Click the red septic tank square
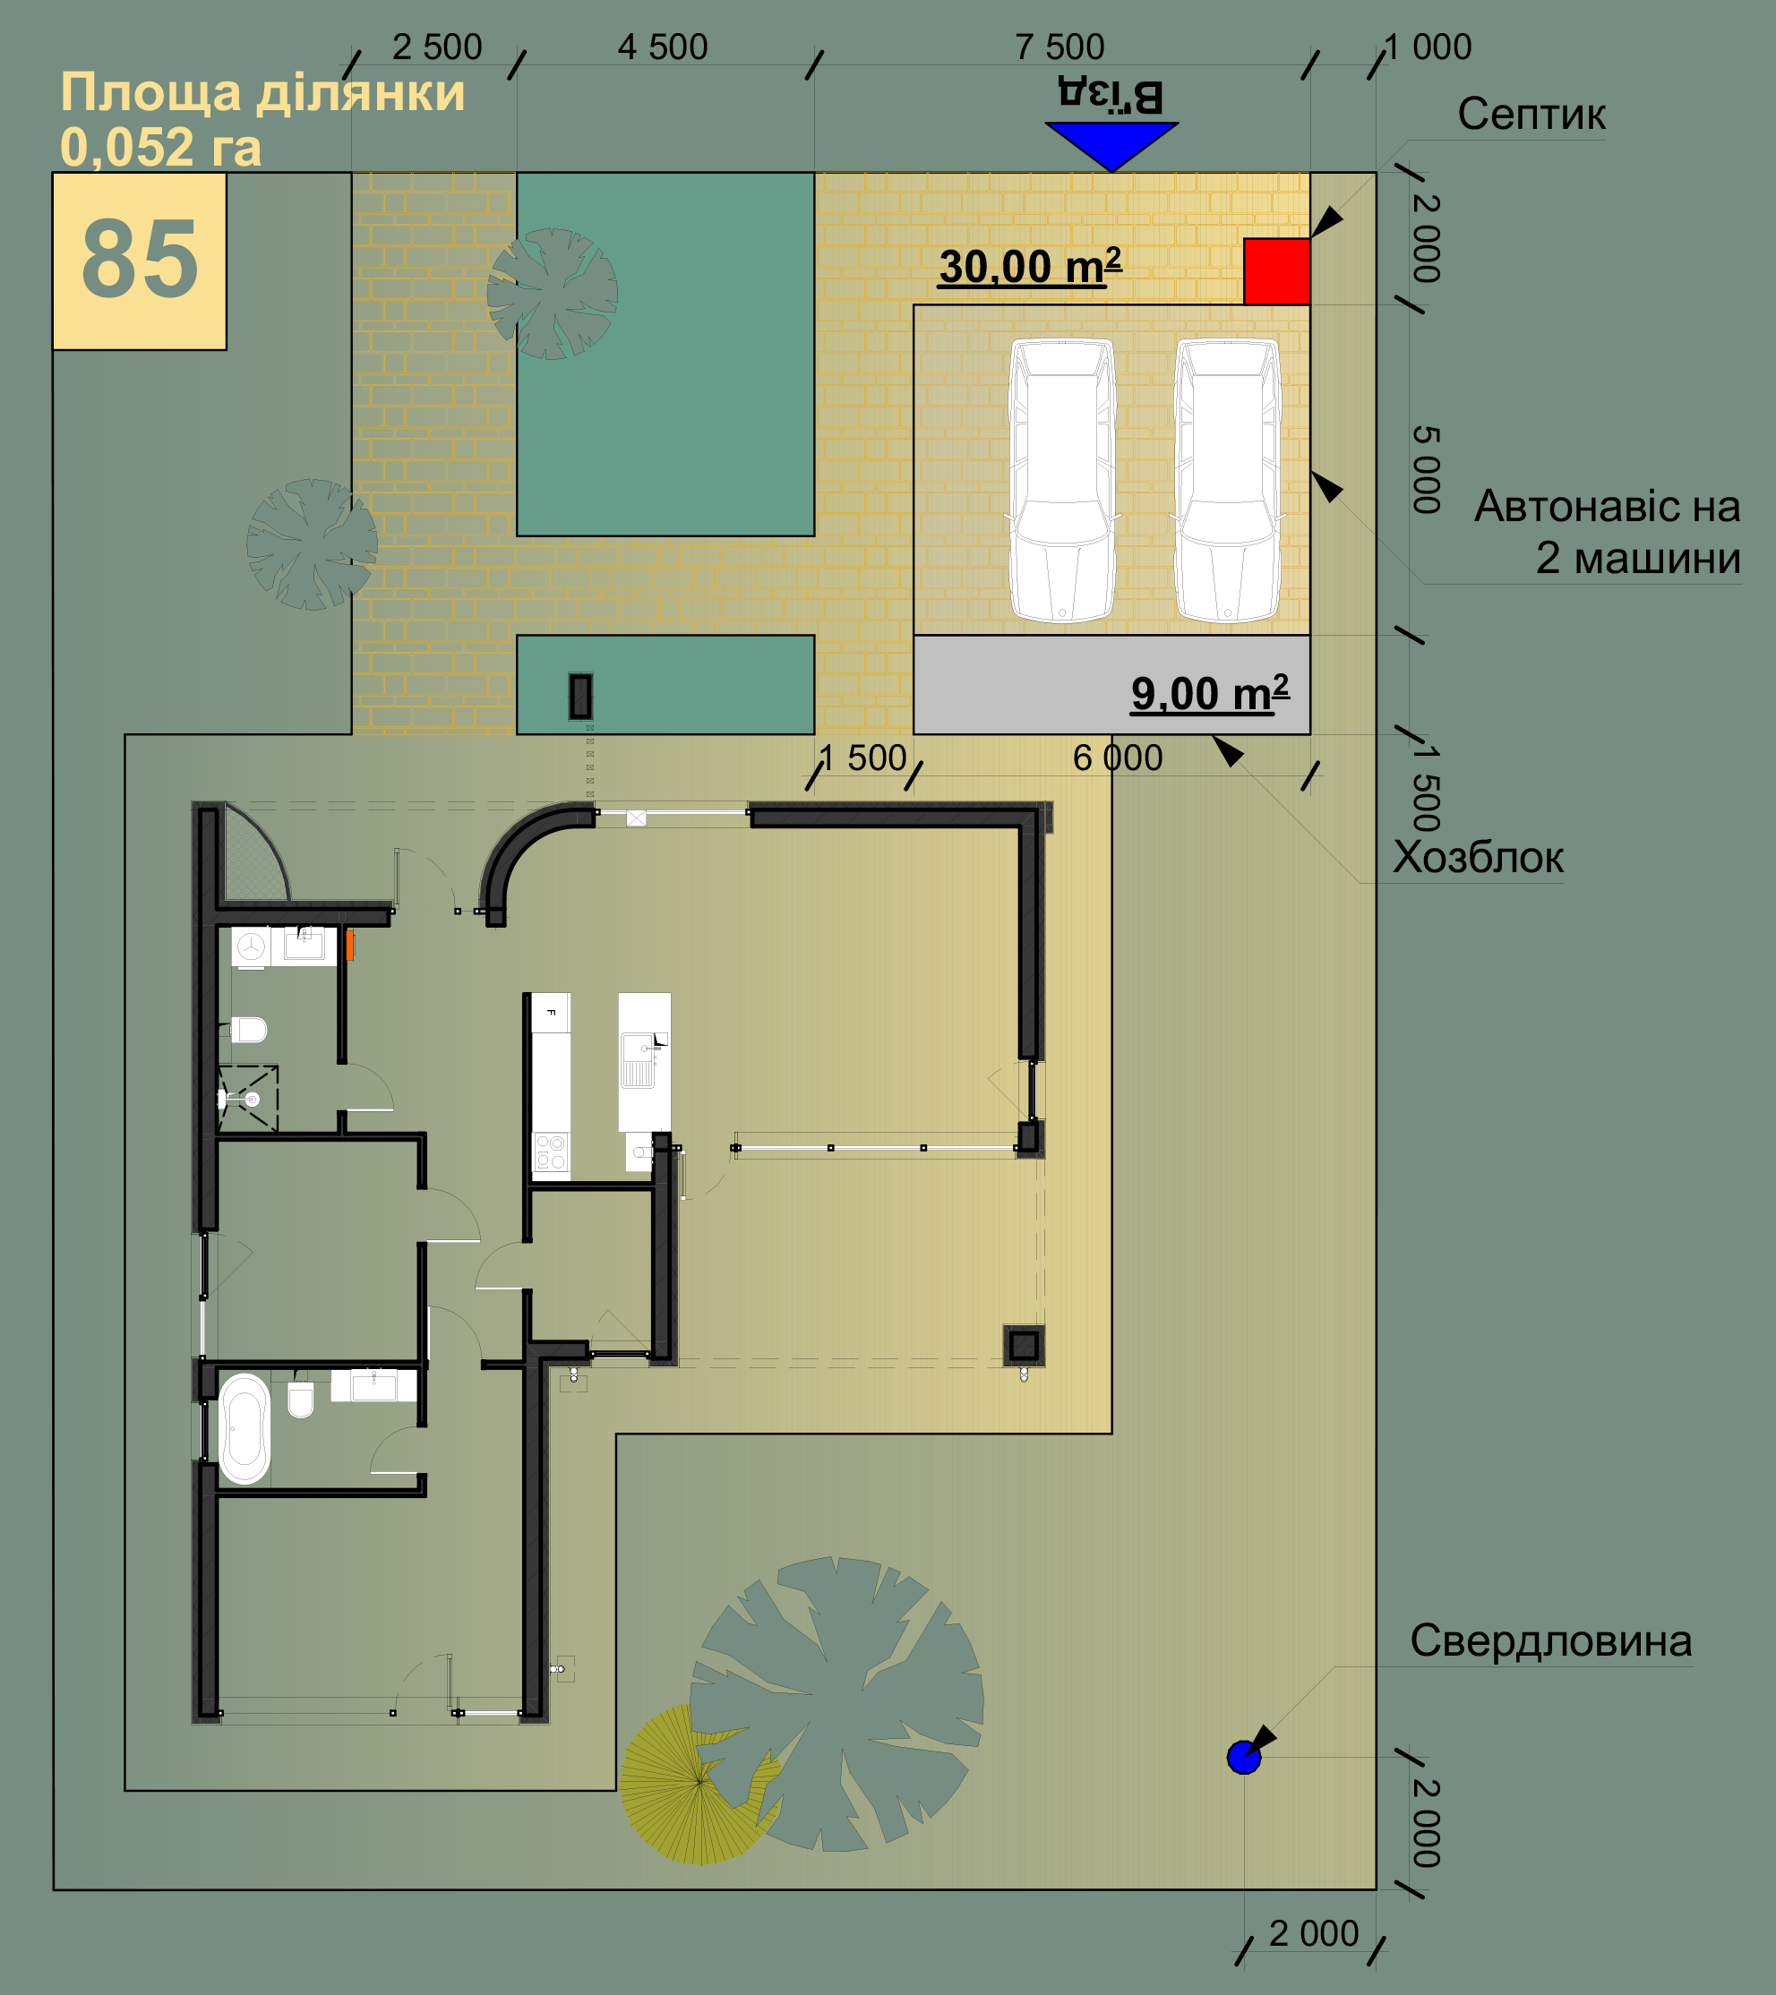click(1276, 271)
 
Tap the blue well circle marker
click(1243, 1758)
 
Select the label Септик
click(1531, 115)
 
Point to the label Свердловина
click(1550, 1640)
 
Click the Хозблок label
click(1477, 857)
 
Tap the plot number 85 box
click(140, 261)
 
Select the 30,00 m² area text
click(1030, 265)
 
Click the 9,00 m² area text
click(1210, 693)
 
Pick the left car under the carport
click(1062, 480)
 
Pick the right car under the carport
click(1228, 480)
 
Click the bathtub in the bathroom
click(245, 1429)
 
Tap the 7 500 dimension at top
click(1060, 47)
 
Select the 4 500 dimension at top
click(663, 47)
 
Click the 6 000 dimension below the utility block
click(1118, 758)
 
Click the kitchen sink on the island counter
click(639, 1060)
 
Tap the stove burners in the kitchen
click(551, 1152)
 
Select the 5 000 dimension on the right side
click(1427, 469)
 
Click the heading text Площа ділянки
click(262, 93)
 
